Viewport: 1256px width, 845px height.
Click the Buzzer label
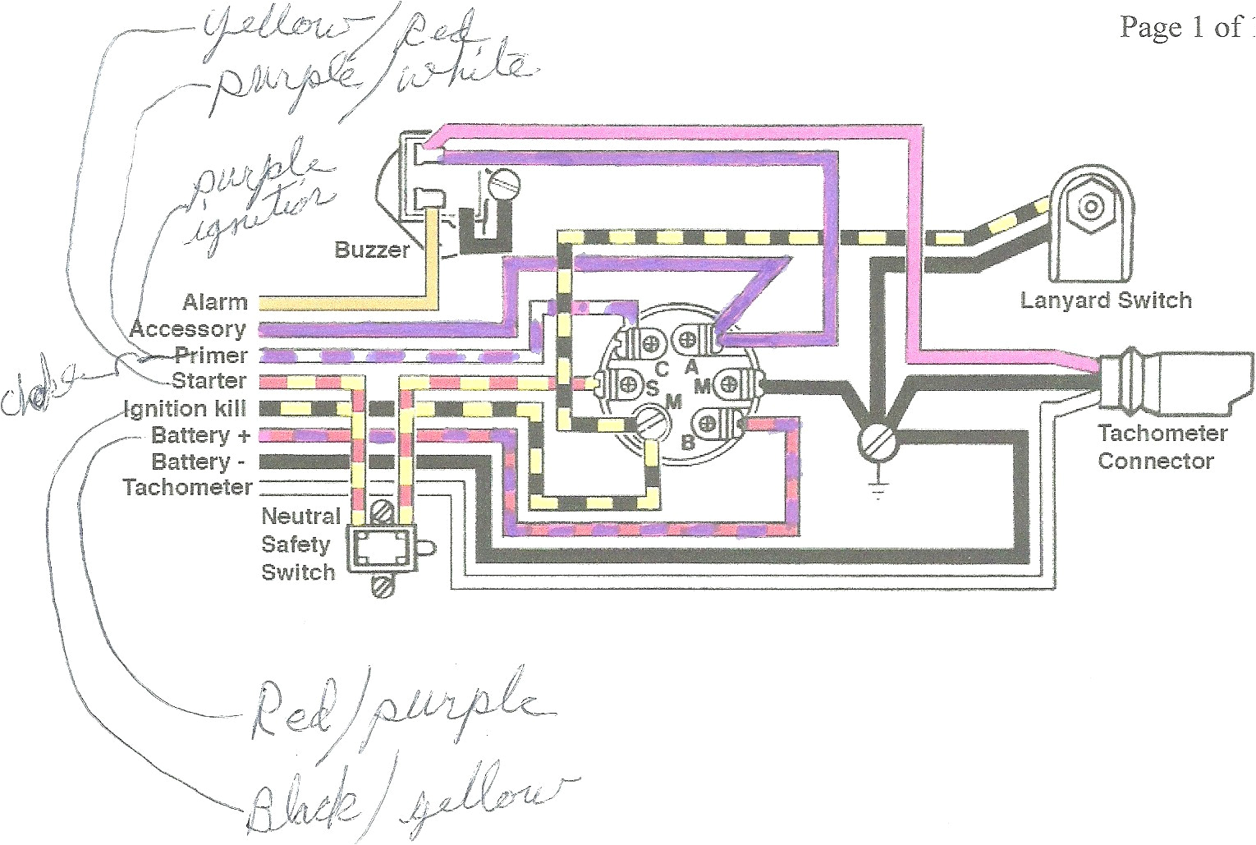click(x=371, y=249)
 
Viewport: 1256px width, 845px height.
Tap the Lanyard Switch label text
click(x=1105, y=301)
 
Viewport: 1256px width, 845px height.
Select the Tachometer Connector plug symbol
click(x=1174, y=383)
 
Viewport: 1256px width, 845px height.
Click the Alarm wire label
click(x=215, y=302)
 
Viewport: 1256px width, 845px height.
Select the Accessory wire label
click(x=188, y=329)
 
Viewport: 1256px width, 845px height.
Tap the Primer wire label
click(x=210, y=356)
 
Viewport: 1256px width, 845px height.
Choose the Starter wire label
click(x=209, y=381)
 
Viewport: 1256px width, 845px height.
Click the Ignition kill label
click(x=185, y=408)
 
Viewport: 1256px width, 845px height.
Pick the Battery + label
click(x=200, y=434)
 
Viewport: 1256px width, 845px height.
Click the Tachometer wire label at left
click(x=188, y=487)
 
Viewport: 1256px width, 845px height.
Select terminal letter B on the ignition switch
click(x=688, y=443)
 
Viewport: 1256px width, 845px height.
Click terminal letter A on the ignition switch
click(x=691, y=365)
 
